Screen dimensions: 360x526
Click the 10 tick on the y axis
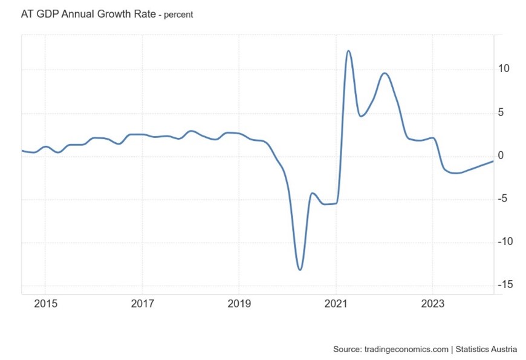click(504, 69)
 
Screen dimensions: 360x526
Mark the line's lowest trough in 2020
click(300, 269)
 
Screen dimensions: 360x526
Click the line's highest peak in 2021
click(348, 51)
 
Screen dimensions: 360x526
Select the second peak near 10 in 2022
click(385, 73)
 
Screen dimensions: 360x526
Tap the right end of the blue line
click(493, 161)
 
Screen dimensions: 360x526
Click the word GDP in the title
click(46, 14)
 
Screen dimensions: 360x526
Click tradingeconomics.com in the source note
click(407, 349)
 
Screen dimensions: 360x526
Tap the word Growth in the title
click(114, 14)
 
